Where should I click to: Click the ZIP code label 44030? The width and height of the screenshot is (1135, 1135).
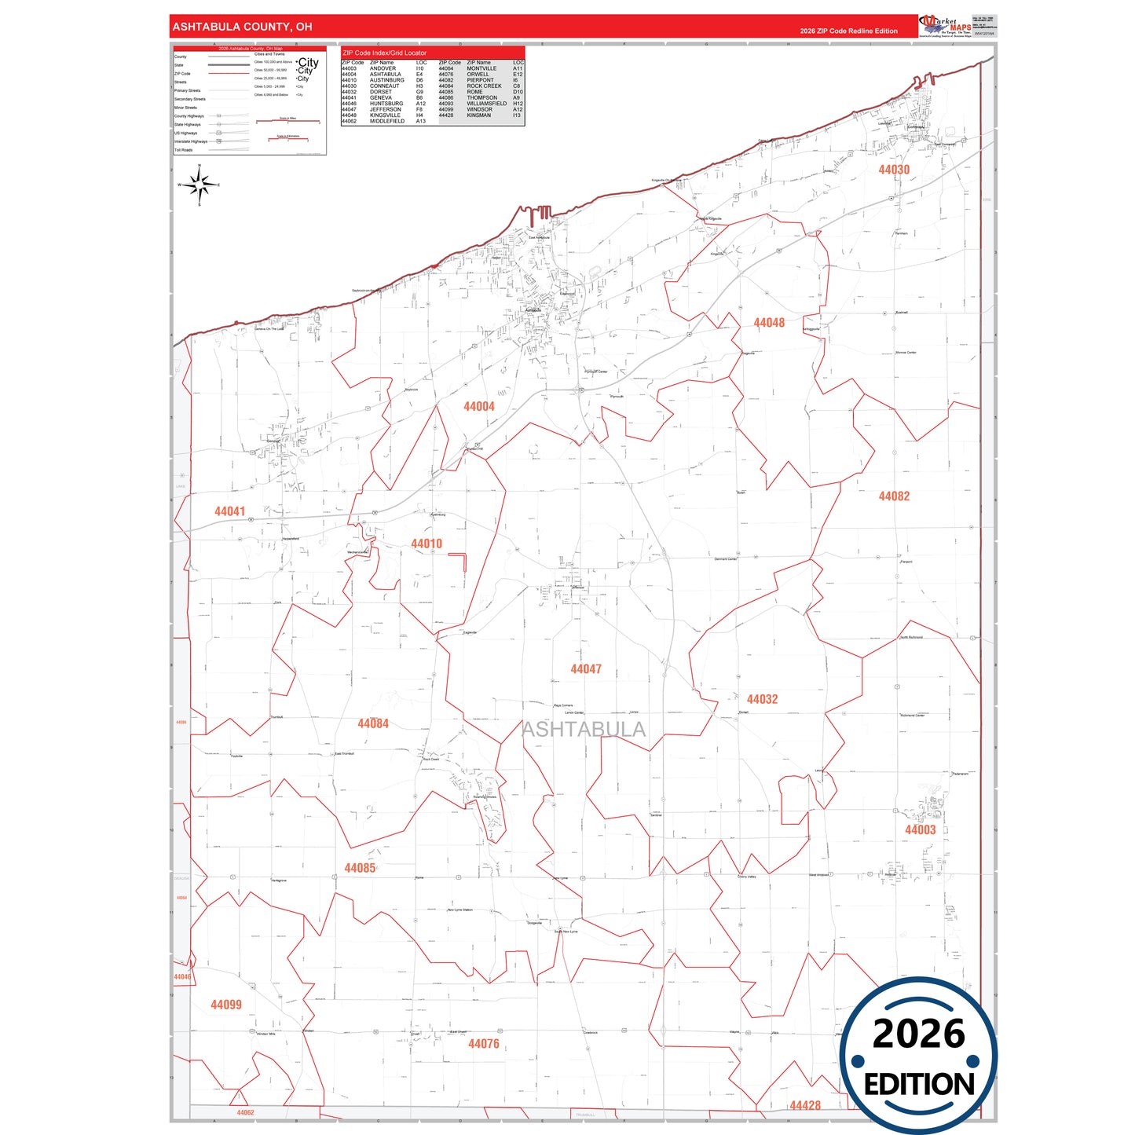(x=894, y=170)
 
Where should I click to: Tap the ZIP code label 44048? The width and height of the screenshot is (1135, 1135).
(x=769, y=323)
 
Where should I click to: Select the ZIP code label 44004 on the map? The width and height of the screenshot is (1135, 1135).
(x=479, y=407)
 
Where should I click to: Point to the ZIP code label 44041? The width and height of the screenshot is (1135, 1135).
(x=229, y=511)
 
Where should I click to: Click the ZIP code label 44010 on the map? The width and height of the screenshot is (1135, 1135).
(x=427, y=544)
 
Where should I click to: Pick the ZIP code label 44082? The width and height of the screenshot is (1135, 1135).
(x=894, y=496)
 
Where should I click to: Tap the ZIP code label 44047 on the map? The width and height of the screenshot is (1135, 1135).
(x=586, y=669)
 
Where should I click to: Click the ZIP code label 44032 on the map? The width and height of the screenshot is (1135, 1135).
(x=762, y=699)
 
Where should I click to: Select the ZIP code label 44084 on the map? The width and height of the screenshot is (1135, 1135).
(x=373, y=723)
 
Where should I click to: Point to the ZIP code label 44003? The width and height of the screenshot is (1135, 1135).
(x=920, y=830)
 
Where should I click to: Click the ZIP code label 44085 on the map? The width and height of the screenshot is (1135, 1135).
(x=360, y=868)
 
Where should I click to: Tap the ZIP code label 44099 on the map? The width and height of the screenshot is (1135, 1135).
(x=226, y=1005)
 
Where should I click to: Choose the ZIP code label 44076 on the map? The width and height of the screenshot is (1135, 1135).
(x=484, y=1044)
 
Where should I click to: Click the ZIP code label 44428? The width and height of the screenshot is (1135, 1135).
(x=805, y=1105)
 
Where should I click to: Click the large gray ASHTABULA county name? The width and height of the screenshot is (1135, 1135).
(x=584, y=730)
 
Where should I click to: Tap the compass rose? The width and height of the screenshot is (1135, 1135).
(x=200, y=186)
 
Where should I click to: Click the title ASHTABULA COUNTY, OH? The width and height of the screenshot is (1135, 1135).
(x=242, y=27)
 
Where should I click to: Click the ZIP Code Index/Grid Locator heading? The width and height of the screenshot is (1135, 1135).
(x=385, y=53)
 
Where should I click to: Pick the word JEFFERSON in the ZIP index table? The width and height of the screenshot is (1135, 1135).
(x=386, y=109)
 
